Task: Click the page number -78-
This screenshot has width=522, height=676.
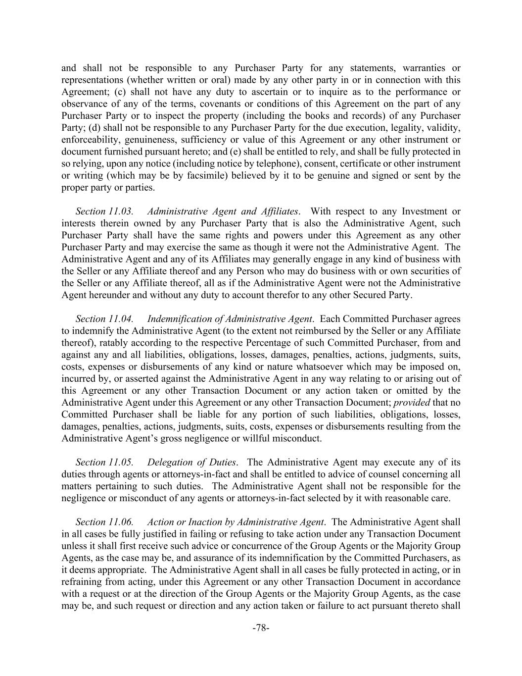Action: pos(261,628)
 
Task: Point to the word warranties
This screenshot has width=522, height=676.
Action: pos(424,68)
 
